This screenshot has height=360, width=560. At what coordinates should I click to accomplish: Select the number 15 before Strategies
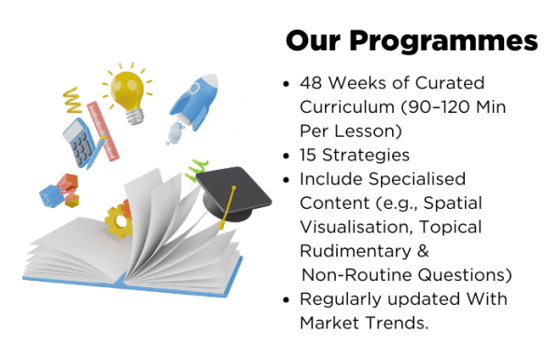(310, 154)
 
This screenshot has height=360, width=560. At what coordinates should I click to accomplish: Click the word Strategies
(368, 154)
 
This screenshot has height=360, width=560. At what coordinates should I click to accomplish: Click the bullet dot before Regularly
(287, 300)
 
